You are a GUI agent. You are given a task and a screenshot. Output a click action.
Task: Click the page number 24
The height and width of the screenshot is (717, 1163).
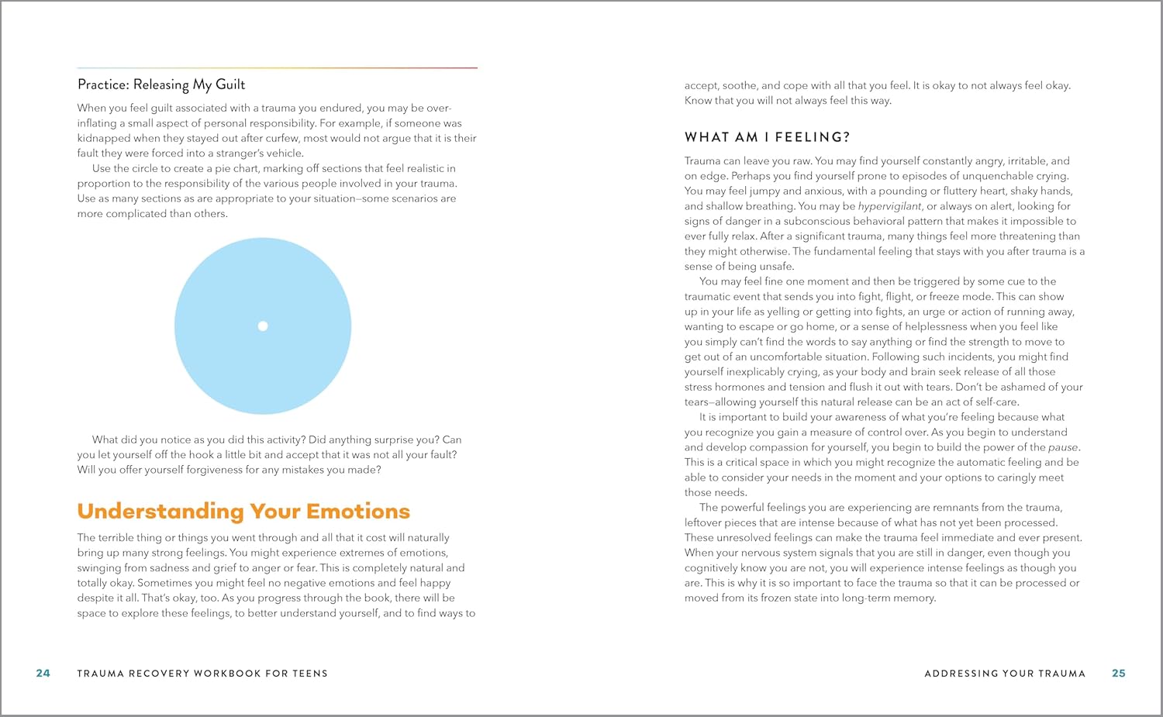click(x=43, y=673)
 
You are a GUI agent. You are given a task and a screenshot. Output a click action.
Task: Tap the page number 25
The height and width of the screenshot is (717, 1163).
click(x=1118, y=673)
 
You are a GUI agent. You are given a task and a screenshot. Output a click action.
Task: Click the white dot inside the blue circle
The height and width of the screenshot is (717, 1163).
click(x=263, y=326)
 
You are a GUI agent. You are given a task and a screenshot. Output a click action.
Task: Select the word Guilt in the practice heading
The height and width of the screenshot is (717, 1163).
click(x=230, y=84)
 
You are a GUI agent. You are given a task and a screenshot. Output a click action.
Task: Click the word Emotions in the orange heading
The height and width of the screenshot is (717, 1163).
click(x=358, y=512)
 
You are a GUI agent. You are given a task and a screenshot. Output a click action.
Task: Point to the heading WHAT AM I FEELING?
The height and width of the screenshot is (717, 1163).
click(x=767, y=137)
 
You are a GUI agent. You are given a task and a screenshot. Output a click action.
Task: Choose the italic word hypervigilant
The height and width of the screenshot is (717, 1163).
click(x=889, y=206)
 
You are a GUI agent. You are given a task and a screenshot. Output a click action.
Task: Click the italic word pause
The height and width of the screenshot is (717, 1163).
click(x=1063, y=447)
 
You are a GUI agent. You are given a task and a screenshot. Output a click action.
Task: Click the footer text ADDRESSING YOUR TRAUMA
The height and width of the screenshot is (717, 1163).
click(x=1005, y=674)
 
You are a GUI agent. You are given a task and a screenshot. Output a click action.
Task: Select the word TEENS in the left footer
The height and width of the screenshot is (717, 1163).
click(x=310, y=674)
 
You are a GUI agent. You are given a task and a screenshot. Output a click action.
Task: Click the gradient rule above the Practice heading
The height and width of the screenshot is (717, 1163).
click(x=277, y=68)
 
